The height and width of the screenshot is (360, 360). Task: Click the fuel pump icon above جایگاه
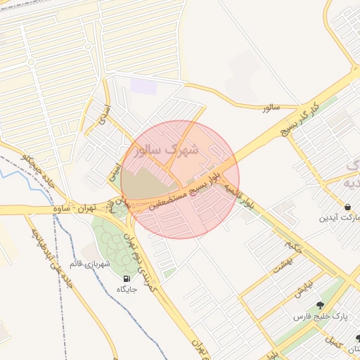click(x=127, y=278)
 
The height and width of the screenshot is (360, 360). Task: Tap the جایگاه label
click(x=127, y=289)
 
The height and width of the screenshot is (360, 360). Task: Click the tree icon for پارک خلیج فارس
click(x=321, y=305)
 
